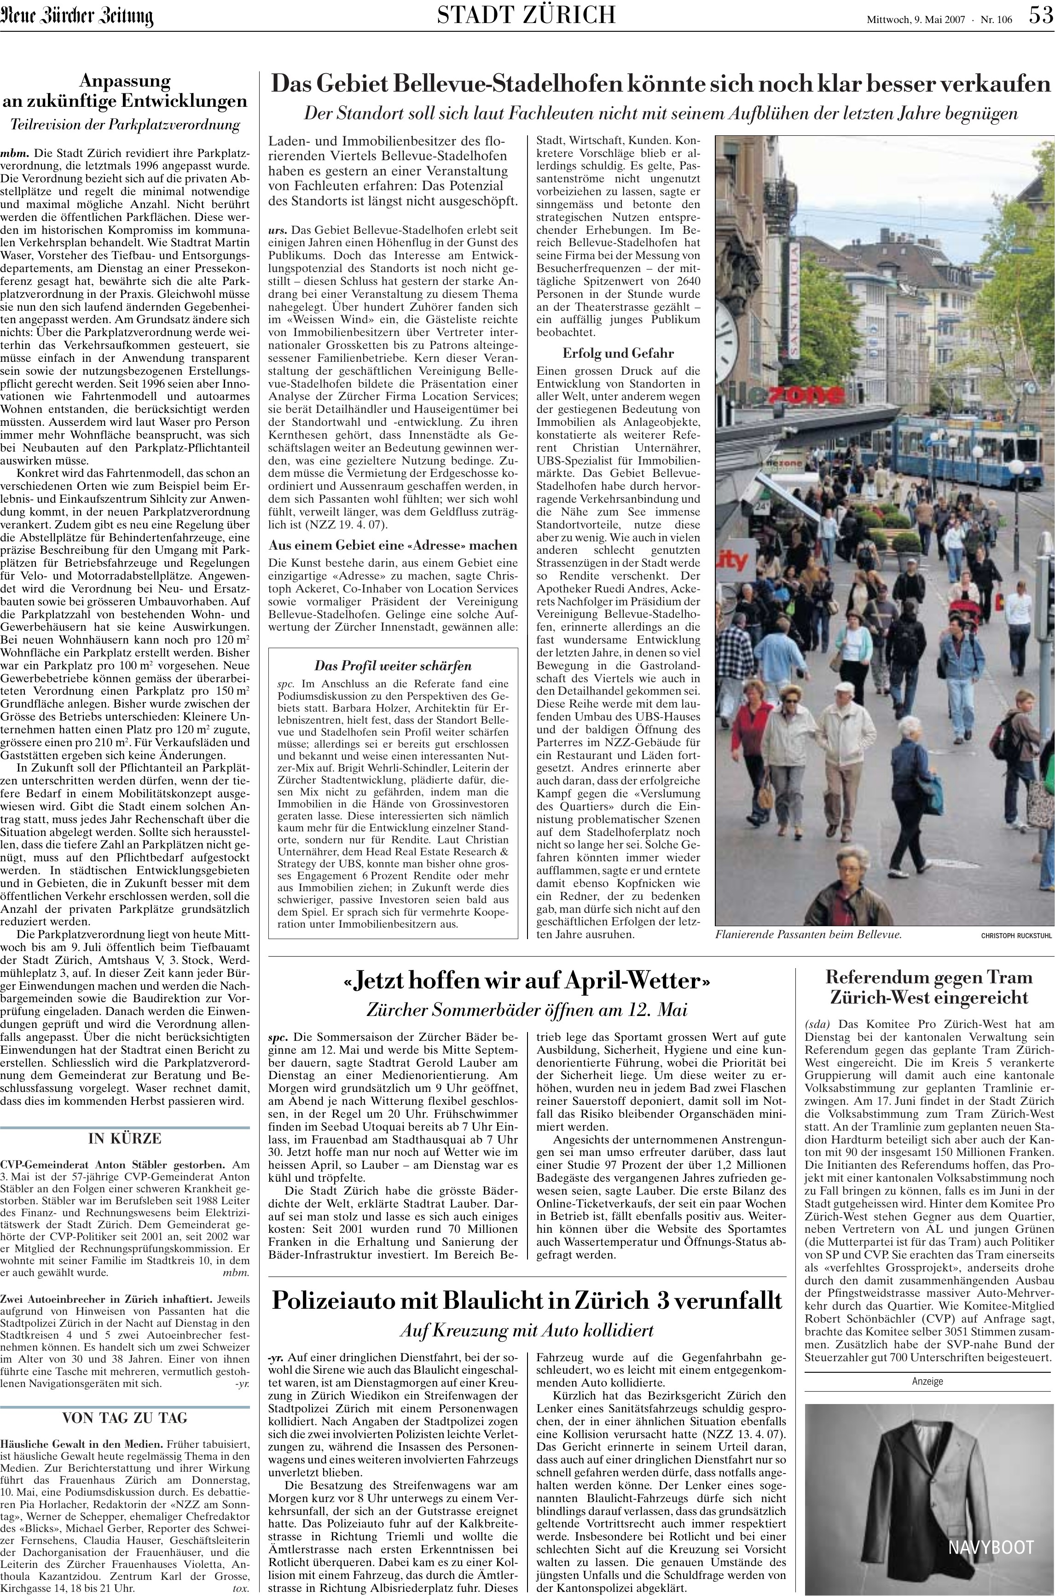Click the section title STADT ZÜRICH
tap(526, 15)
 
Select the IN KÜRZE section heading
tap(125, 1120)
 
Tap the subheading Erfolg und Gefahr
tap(618, 353)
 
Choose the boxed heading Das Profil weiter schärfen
tap(393, 666)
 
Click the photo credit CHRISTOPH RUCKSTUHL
tap(1015, 935)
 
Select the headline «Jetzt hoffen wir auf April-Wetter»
tap(527, 981)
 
